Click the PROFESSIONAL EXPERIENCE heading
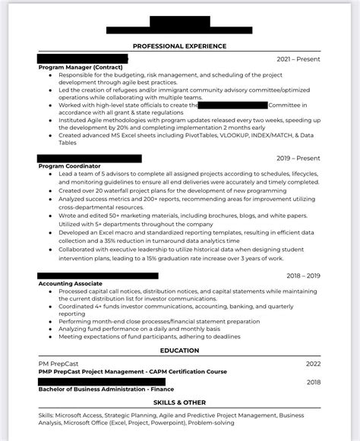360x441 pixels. (179, 46)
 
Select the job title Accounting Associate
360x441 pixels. (71, 283)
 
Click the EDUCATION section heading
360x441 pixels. (179, 351)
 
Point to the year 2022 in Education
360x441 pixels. (314, 364)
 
